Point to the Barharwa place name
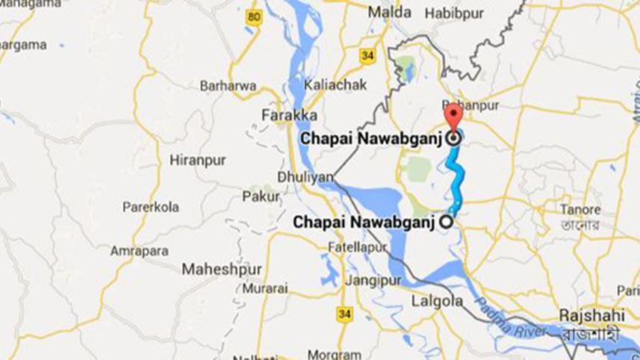228,86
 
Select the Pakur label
261,197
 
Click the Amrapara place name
139,251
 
